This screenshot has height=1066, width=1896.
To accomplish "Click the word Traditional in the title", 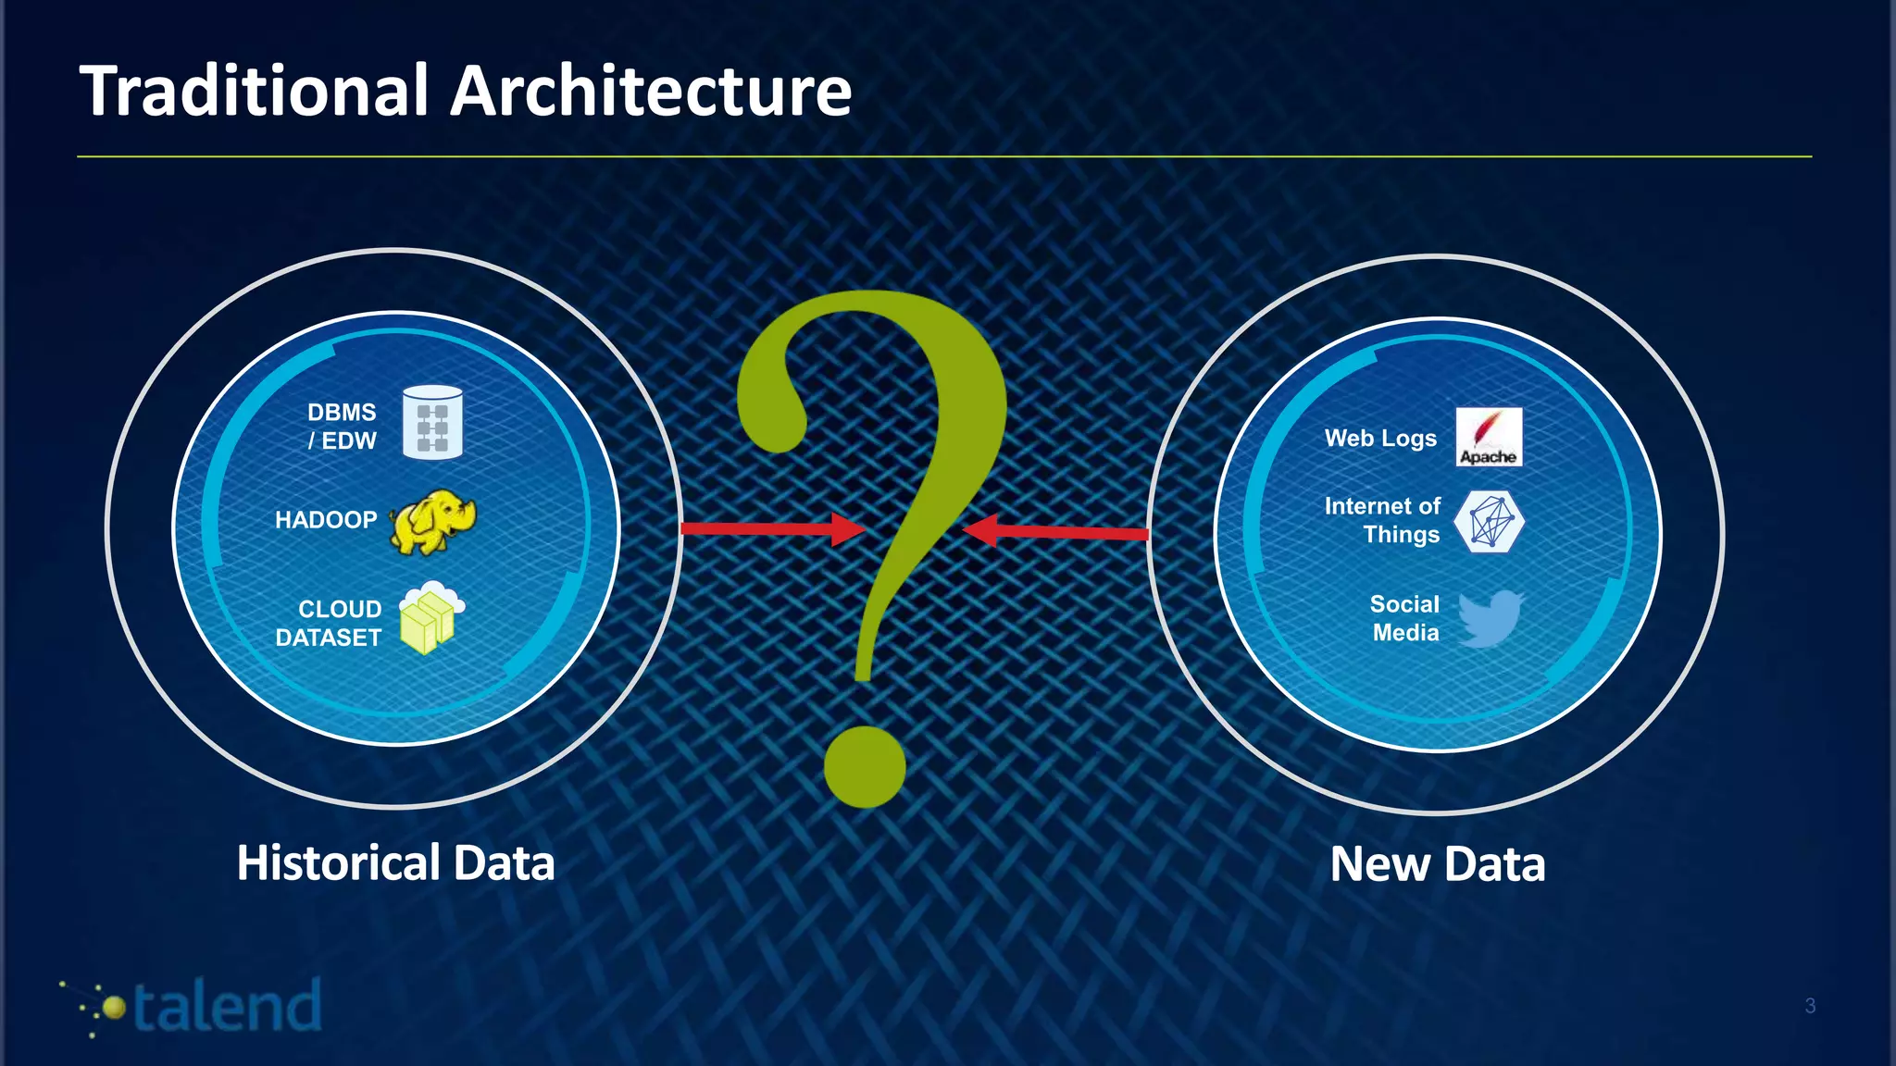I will coord(256,91).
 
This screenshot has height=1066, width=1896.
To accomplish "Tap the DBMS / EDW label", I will coord(342,426).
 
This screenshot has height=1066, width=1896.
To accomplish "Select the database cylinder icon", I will coord(432,423).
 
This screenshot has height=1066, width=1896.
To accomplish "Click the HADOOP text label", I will coord(326,520).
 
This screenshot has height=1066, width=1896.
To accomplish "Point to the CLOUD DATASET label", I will coord(330,623).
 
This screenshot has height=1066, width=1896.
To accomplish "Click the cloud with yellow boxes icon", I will coord(430,616).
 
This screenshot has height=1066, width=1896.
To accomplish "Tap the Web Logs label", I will coord(1380,439).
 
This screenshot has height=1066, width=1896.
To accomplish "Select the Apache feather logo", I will coord(1489,436).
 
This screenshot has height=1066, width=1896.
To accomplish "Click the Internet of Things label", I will coord(1383,520).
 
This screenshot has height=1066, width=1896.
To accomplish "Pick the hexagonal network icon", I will coord(1488,521).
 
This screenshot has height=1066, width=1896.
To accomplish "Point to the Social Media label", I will coord(1404,618).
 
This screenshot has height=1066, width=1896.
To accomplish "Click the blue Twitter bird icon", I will coord(1490,617).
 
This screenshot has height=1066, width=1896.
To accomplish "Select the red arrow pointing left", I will coord(1055,532).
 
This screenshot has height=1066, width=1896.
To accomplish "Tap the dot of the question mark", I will coord(865,766).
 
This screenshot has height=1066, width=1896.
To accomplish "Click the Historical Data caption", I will coord(395,862).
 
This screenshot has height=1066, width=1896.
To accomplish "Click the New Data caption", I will coord(1438,864).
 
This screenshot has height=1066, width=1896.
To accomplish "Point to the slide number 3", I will coord(1810,1006).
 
